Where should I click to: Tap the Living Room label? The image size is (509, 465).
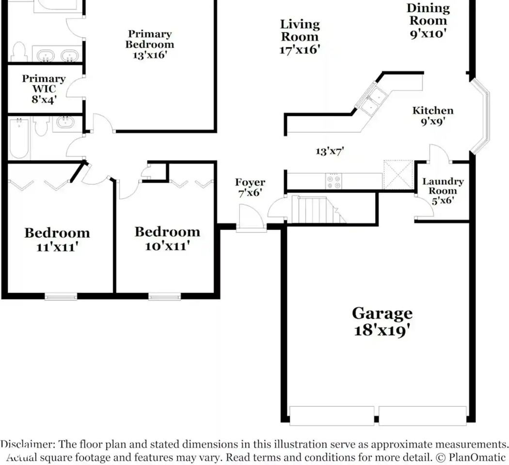[x=300, y=37]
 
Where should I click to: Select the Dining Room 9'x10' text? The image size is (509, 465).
[x=428, y=21]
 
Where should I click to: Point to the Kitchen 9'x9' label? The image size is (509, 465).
[x=433, y=116]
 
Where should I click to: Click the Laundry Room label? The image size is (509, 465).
[x=443, y=191]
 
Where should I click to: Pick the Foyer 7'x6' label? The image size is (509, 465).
[x=250, y=187]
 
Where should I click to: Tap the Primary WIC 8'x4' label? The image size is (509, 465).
[x=44, y=89]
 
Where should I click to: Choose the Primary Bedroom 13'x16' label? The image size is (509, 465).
[x=150, y=44]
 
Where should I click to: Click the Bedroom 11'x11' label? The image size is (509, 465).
[x=57, y=239]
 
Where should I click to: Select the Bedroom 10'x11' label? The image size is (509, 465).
[x=167, y=238]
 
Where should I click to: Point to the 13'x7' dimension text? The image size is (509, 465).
[x=330, y=151]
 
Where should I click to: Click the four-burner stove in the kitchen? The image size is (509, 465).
[x=334, y=181]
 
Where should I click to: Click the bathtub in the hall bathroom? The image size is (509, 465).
[x=19, y=139]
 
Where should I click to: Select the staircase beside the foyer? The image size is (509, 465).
[x=318, y=209]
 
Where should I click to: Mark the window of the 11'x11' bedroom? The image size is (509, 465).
[x=61, y=296]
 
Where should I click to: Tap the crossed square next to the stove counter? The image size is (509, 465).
[x=398, y=174]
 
